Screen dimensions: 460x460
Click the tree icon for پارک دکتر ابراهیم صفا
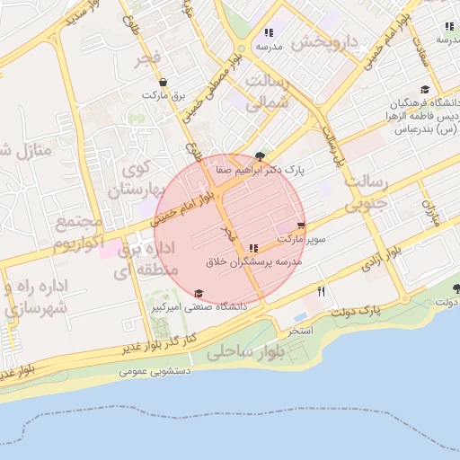point(261,155)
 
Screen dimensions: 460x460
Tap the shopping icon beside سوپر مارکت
point(301,226)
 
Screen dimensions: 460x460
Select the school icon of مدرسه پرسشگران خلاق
point(253,247)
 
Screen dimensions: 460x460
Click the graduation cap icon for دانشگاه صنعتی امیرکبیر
point(199,293)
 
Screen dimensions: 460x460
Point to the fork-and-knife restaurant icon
point(321,291)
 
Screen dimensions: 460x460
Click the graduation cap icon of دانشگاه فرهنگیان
point(424,90)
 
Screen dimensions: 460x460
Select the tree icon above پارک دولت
point(456,288)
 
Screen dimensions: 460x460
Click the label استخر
point(299,331)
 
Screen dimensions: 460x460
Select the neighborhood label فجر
point(146,60)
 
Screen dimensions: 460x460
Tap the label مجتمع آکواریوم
point(76,233)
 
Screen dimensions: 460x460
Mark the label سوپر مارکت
point(304,240)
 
